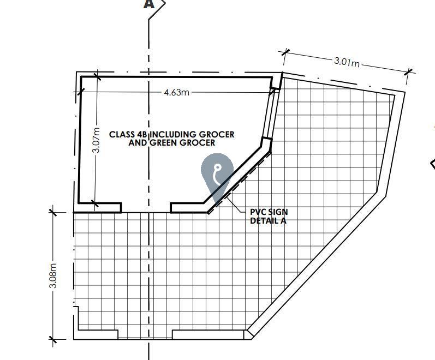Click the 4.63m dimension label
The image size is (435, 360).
point(176,92)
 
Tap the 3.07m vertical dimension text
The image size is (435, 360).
point(96,140)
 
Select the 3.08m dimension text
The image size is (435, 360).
point(53,275)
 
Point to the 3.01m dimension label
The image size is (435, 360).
point(347,62)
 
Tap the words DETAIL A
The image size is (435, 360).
point(268,220)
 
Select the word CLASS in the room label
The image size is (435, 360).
point(122,135)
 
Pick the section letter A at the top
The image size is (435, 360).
point(149,4)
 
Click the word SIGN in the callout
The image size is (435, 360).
point(277,212)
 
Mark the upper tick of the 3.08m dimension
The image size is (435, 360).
point(53,212)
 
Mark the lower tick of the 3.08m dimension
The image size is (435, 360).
point(53,339)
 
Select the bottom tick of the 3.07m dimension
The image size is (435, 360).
point(94,203)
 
